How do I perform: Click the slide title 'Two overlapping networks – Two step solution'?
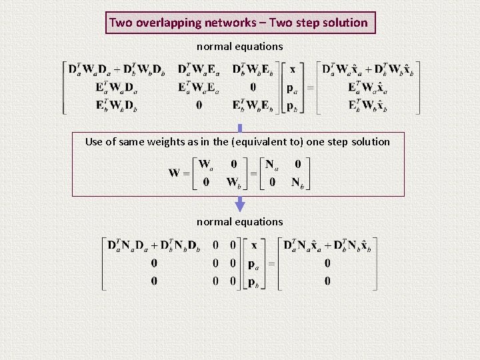click(x=239, y=23)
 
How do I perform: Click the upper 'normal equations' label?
click(x=239, y=47)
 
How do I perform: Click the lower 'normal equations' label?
click(x=239, y=221)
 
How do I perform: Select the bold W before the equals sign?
click(x=175, y=173)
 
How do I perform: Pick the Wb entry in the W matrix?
click(x=233, y=182)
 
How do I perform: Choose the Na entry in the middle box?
click(x=271, y=163)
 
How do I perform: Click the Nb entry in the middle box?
click(x=297, y=182)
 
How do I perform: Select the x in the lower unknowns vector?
click(x=254, y=245)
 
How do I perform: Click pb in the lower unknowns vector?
click(x=254, y=282)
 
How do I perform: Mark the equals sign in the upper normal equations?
click(x=309, y=88)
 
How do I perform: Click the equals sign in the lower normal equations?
click(x=271, y=263)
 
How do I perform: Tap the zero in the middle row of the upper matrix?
click(x=253, y=87)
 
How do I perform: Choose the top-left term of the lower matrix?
click(x=154, y=246)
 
